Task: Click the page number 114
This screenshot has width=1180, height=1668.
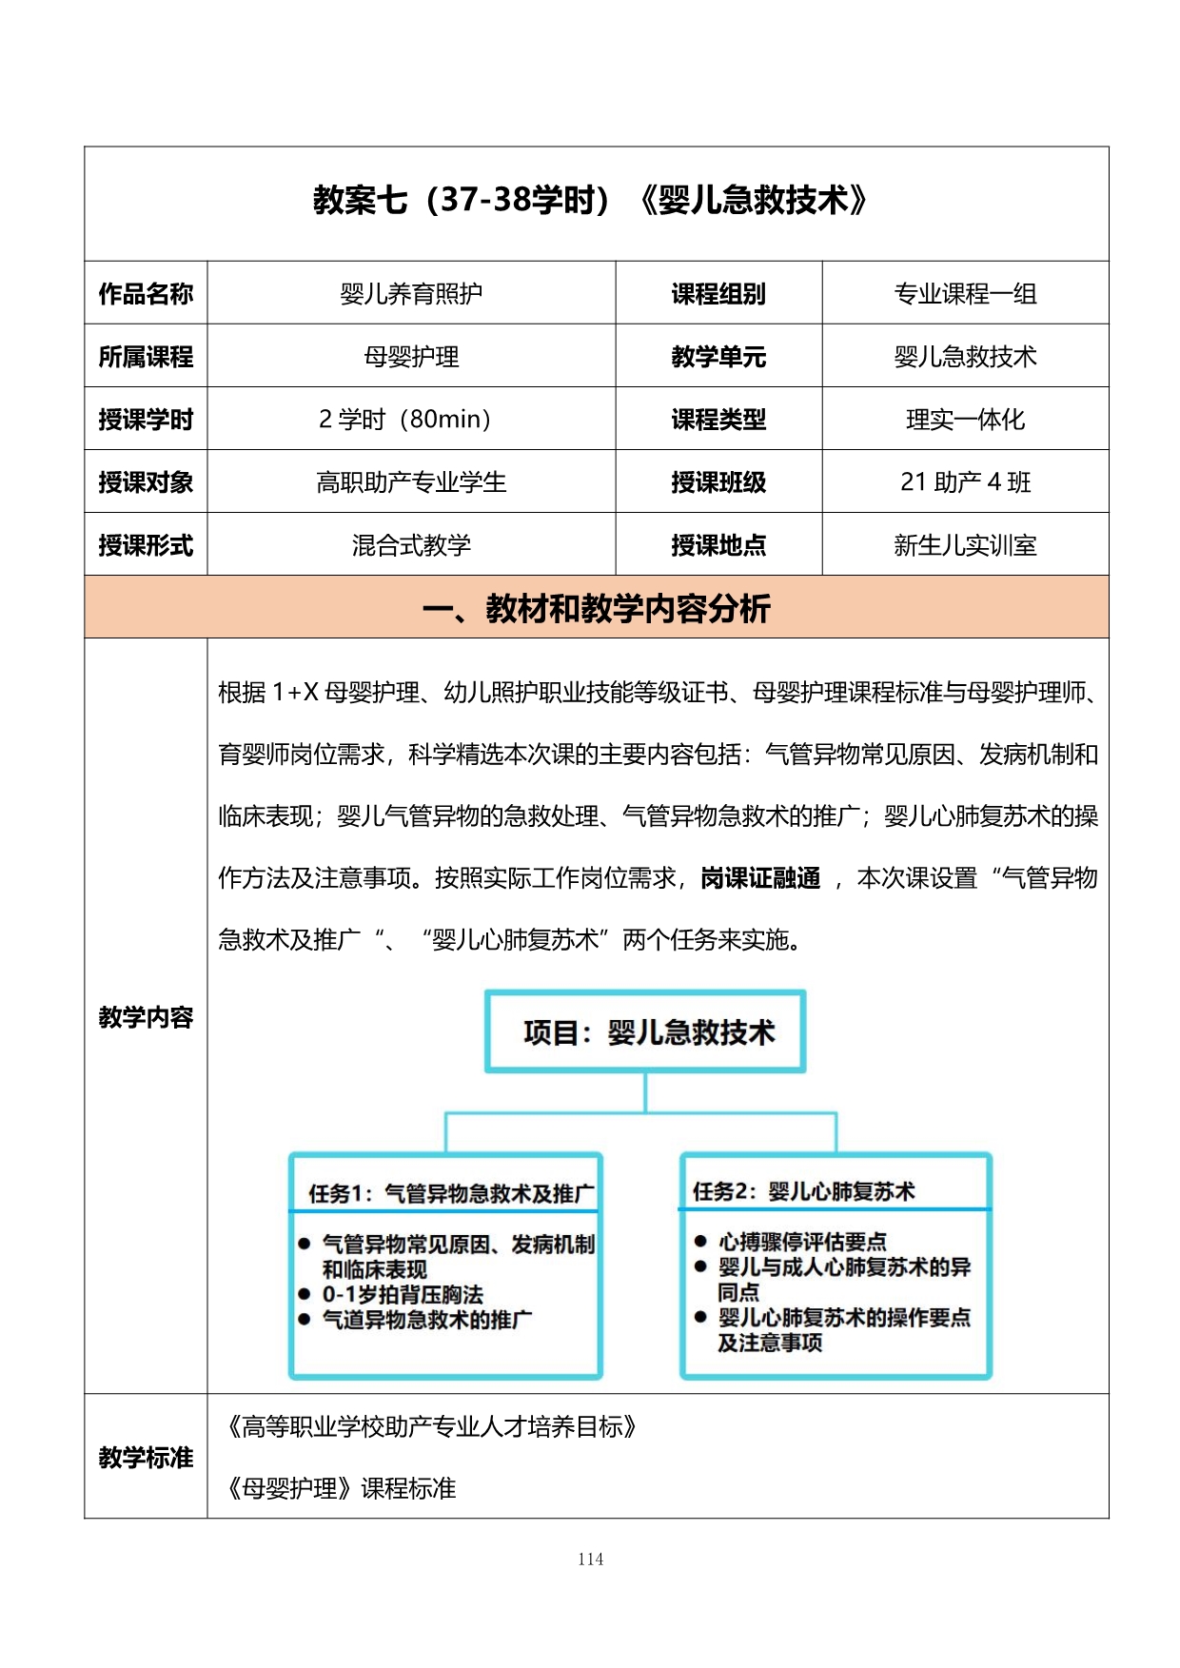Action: pyautogui.click(x=590, y=1559)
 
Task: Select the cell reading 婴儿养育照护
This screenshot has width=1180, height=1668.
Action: pyautogui.click(x=411, y=293)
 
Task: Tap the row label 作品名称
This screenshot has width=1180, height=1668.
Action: pyautogui.click(x=146, y=293)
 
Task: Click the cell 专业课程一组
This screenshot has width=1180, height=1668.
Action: pyautogui.click(x=965, y=293)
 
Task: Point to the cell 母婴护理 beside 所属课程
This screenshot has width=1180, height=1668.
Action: pyautogui.click(x=411, y=356)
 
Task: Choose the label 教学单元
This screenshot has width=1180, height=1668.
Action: pyautogui.click(x=718, y=356)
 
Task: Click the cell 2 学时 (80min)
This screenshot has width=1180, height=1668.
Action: pyautogui.click(x=405, y=419)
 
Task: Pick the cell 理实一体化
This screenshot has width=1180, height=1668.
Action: pyautogui.click(x=965, y=419)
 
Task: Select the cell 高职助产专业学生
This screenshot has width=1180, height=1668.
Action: pyautogui.click(x=411, y=481)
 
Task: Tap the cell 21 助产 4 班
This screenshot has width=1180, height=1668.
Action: pyautogui.click(x=965, y=481)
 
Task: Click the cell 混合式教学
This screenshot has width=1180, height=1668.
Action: pyautogui.click(x=411, y=544)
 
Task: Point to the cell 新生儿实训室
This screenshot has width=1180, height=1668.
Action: pyautogui.click(x=965, y=544)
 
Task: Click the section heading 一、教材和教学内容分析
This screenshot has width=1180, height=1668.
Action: pyautogui.click(x=596, y=607)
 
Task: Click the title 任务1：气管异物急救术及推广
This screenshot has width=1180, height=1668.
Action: pyautogui.click(x=451, y=1192)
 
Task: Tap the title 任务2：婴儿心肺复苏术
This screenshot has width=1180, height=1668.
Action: pyautogui.click(x=803, y=1190)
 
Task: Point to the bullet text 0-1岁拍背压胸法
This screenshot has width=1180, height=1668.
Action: pyautogui.click(x=403, y=1294)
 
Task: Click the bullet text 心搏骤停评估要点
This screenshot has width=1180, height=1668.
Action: pyautogui.click(x=802, y=1241)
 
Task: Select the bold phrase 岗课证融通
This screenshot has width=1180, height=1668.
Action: pyautogui.click(x=760, y=877)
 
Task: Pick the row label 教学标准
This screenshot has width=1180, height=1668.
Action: pyautogui.click(x=146, y=1456)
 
